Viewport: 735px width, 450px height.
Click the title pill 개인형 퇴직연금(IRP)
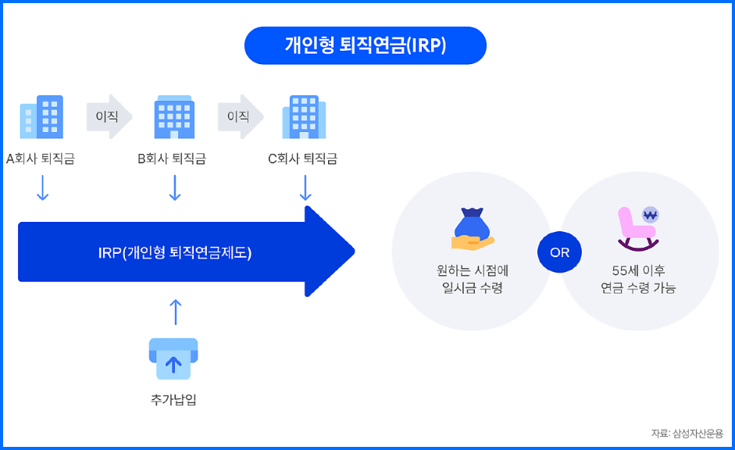point(365,45)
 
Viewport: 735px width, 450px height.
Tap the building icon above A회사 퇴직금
point(41,117)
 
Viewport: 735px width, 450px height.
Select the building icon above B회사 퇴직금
point(174,117)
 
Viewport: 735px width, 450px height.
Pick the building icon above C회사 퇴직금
point(305,117)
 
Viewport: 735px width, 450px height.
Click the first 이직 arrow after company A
point(108,117)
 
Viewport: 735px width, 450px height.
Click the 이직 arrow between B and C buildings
point(240,117)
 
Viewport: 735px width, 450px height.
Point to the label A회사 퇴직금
point(41,159)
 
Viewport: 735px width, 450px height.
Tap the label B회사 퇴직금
point(173,159)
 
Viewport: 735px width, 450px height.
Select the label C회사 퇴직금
point(303,159)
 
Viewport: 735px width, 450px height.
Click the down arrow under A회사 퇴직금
point(42,187)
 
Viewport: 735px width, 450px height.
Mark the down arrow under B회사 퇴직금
point(175,187)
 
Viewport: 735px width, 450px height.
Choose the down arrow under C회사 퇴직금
point(305,187)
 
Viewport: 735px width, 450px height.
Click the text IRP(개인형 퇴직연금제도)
point(175,252)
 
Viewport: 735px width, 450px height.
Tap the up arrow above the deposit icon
point(175,311)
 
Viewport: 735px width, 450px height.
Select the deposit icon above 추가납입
point(173,359)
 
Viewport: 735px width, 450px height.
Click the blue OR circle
point(559,252)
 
